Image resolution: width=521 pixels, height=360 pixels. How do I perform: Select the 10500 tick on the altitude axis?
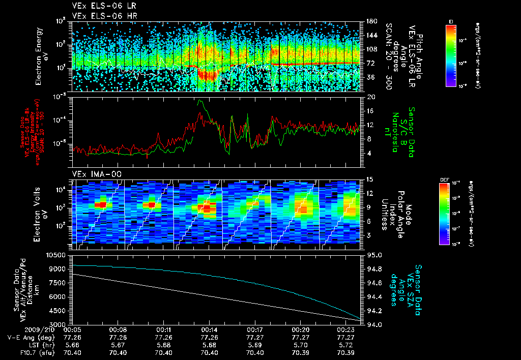pos(57,255)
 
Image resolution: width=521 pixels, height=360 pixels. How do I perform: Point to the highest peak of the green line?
pos(199,100)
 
